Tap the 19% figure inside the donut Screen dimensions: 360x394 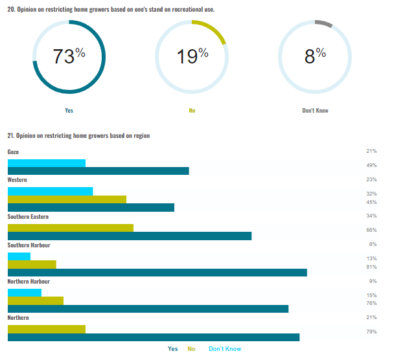click(x=192, y=56)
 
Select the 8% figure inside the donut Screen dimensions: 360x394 click(x=315, y=56)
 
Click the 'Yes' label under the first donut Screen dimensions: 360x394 click(x=69, y=111)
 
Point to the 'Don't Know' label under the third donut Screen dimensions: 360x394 click(x=315, y=111)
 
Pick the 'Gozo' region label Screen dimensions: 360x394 click(x=13, y=152)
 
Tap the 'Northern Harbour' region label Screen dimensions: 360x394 click(x=29, y=282)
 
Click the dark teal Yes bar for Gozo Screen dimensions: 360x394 click(x=98, y=171)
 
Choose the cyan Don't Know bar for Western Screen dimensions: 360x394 click(x=50, y=191)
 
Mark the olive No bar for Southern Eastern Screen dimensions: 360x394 click(x=70, y=228)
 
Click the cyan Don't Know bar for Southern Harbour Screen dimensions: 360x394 click(x=19, y=256)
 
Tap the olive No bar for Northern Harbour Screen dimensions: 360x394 click(x=35, y=300)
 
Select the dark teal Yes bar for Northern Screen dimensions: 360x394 click(x=153, y=337)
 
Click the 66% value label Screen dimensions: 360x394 click(x=371, y=231)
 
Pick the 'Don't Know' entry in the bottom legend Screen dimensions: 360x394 click(x=224, y=349)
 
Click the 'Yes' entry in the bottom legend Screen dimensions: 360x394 click(x=172, y=349)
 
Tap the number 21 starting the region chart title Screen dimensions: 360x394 click(x=10, y=135)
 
